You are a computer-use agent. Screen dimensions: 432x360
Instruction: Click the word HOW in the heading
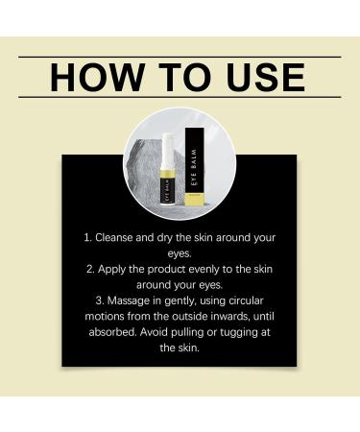tap(86, 76)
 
